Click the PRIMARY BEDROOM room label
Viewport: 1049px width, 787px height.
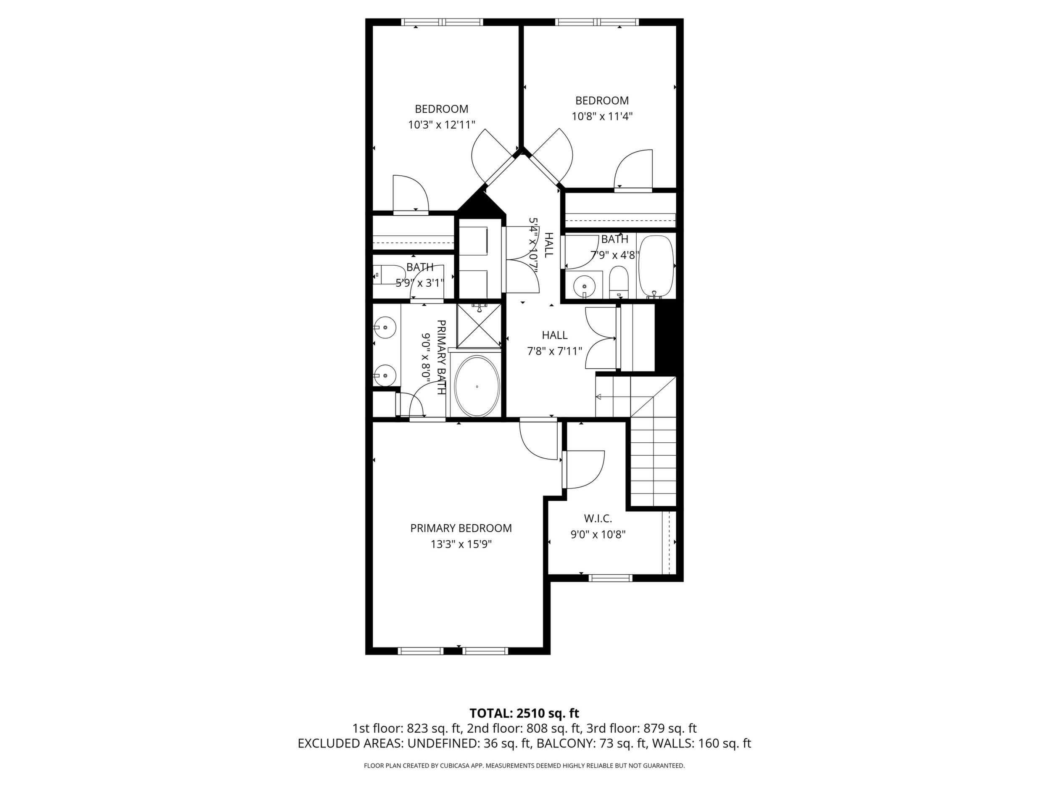[x=461, y=528]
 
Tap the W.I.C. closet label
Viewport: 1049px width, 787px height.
[x=598, y=518]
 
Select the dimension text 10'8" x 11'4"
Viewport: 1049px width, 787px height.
[x=602, y=116]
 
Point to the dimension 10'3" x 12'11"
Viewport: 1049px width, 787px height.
[x=442, y=125]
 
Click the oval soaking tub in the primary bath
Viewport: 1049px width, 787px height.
[x=477, y=387]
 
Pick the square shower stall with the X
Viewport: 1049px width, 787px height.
[x=479, y=326]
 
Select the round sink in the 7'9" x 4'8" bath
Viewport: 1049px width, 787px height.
[x=584, y=286]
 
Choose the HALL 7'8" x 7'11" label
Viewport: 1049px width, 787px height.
[x=555, y=343]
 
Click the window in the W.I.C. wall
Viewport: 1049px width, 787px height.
[x=610, y=578]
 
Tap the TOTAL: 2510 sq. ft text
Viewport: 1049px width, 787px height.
[x=524, y=726]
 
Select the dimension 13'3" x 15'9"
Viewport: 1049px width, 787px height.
[x=461, y=544]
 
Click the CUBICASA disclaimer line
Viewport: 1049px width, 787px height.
[x=524, y=779]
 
